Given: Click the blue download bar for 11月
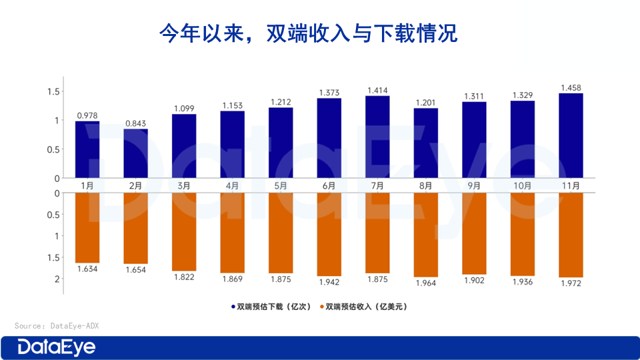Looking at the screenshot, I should coord(571,136).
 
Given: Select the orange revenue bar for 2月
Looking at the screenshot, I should coord(135,228).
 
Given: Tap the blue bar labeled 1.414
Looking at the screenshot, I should coord(377,137).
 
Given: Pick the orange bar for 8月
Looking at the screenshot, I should coord(425,235).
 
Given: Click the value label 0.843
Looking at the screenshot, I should coord(135,123).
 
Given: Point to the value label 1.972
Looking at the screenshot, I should coord(571,284).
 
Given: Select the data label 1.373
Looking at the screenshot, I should coord(329,92).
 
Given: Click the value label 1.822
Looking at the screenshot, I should coord(184,277).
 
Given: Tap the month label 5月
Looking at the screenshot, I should coord(281,185).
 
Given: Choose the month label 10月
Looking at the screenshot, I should coord(523,185).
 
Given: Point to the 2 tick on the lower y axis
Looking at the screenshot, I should coord(57,279).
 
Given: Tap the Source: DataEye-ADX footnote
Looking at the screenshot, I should coord(57,325).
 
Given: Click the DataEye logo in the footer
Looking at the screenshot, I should coord(57,347).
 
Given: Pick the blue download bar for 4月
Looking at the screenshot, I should coord(232,145).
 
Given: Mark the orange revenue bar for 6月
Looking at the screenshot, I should coord(329,234).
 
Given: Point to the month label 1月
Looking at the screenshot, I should coord(87,185).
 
